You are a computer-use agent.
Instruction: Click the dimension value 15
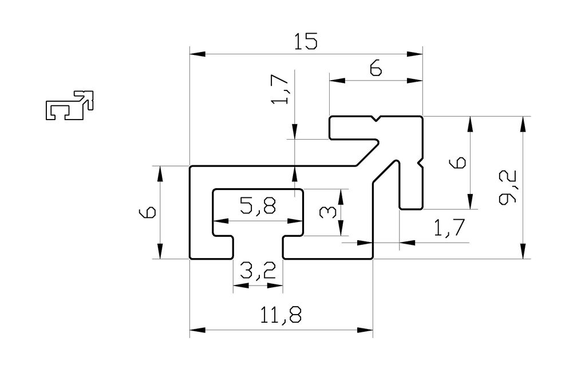(x=306, y=41)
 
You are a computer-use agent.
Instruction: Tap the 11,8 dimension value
(x=280, y=315)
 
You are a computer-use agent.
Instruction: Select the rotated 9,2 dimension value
(x=508, y=186)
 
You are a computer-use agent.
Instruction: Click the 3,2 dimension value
(x=258, y=271)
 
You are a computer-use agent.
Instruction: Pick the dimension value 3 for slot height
(x=327, y=212)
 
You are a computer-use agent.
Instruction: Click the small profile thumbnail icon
(x=70, y=105)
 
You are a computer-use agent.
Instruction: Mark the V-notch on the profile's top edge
(x=376, y=119)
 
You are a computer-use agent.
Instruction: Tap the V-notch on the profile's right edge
(x=420, y=162)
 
